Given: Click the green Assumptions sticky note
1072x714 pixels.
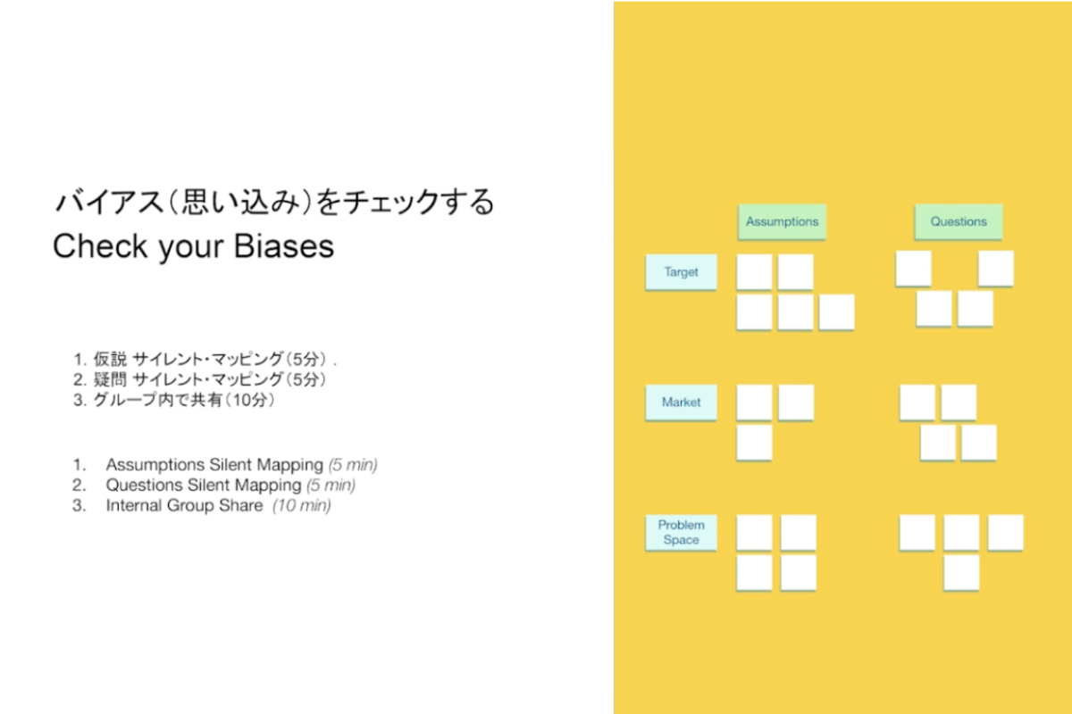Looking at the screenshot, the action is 782,222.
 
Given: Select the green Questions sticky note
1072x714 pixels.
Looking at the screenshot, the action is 958,222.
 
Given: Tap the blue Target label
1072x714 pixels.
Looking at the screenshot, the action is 681,272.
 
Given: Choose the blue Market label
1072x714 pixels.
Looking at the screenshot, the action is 681,403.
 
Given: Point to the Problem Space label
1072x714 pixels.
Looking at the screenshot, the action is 681,532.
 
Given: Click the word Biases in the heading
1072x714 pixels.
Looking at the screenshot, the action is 284,246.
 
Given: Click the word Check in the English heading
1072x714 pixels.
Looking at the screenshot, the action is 100,246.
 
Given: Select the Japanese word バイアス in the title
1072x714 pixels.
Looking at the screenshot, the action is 110,202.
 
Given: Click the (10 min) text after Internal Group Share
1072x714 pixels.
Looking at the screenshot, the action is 302,505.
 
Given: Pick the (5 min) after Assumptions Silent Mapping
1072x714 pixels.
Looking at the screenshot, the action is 353,465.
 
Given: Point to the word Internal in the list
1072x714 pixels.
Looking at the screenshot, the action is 134,505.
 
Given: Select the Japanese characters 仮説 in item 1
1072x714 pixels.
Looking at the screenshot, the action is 110,359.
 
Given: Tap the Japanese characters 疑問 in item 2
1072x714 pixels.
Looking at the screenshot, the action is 110,379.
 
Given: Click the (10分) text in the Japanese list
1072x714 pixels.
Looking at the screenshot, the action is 250,400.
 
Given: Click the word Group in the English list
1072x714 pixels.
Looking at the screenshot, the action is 190,506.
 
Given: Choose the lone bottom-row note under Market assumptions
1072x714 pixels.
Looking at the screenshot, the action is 754,443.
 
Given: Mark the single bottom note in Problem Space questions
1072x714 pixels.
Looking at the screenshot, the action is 961,573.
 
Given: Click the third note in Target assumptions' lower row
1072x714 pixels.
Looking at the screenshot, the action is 836,312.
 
